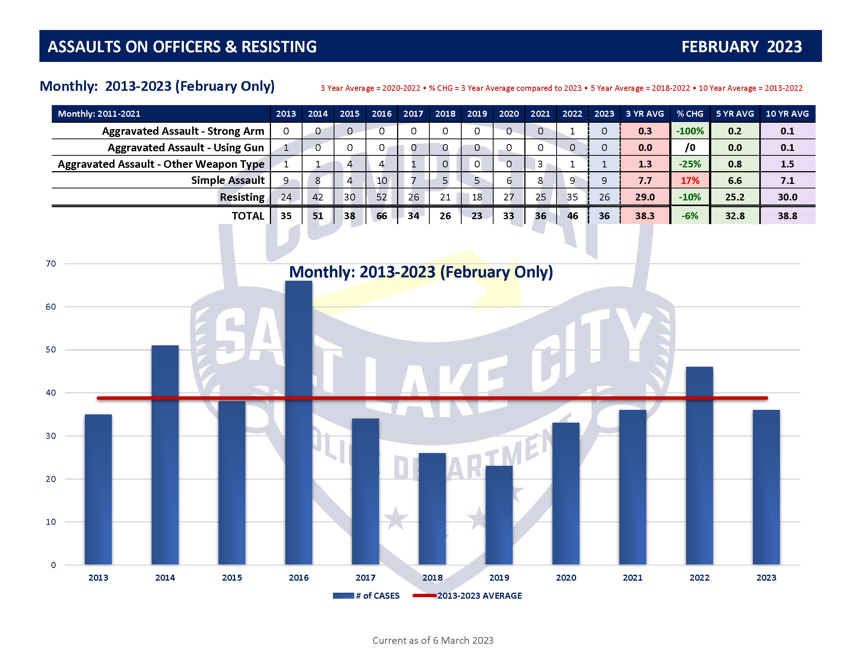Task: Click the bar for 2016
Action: [x=298, y=423]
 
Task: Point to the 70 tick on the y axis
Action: [x=51, y=263]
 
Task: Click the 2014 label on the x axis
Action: [x=165, y=578]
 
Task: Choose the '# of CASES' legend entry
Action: [x=366, y=596]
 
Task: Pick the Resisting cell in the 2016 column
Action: [x=381, y=197]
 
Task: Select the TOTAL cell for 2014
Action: [x=318, y=216]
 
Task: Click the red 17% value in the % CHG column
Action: [x=690, y=181]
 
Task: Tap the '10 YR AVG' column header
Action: [x=787, y=114]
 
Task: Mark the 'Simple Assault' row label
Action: [x=227, y=181]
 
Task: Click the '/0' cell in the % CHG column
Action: [x=690, y=148]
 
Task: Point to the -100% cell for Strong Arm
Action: [x=690, y=131]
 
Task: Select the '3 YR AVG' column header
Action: [x=645, y=114]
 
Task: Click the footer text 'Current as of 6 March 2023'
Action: [x=433, y=640]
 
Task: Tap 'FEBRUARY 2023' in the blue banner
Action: [x=741, y=47]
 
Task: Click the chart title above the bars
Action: [x=421, y=272]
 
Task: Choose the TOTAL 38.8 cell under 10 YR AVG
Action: [x=787, y=216]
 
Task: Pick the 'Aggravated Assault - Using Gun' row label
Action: [x=185, y=148]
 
